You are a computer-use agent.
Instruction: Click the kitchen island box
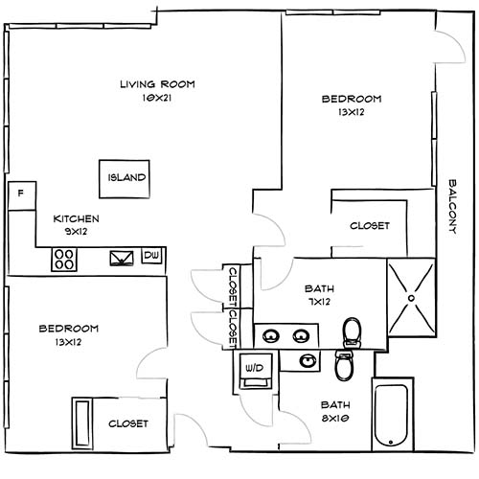[x=125, y=178]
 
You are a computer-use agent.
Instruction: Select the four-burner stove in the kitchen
[x=65, y=258]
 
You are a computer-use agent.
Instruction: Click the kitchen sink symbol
[x=122, y=258]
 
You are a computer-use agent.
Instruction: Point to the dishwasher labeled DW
[x=150, y=256]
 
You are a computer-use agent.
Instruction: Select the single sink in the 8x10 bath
[x=308, y=360]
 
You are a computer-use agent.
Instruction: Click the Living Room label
[x=157, y=84]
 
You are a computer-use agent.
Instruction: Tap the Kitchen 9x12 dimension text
[x=76, y=231]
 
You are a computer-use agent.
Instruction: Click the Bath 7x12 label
[x=318, y=294]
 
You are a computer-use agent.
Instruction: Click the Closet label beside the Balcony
[x=370, y=226]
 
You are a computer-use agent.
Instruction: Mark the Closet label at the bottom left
[x=127, y=422]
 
